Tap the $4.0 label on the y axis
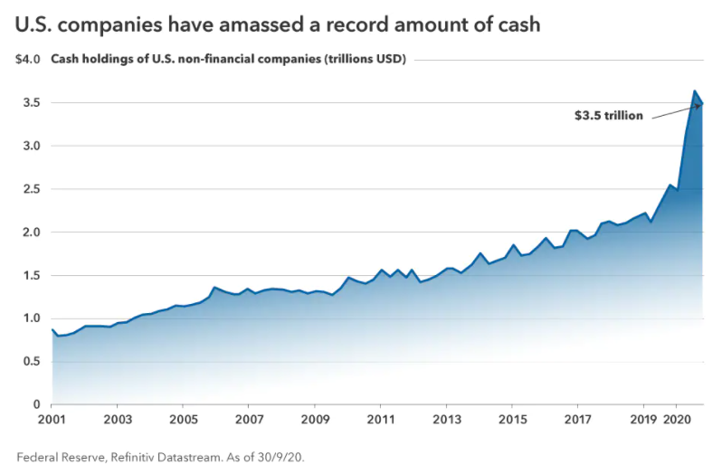click(28, 60)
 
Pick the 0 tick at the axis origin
click(36, 404)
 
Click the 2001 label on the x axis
click(52, 420)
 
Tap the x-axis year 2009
click(315, 420)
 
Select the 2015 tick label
click(512, 420)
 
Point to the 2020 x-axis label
click(678, 420)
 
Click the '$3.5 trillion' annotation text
click(609, 116)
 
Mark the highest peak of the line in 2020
click(694, 91)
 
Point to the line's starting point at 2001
click(52, 329)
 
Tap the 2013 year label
click(446, 420)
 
